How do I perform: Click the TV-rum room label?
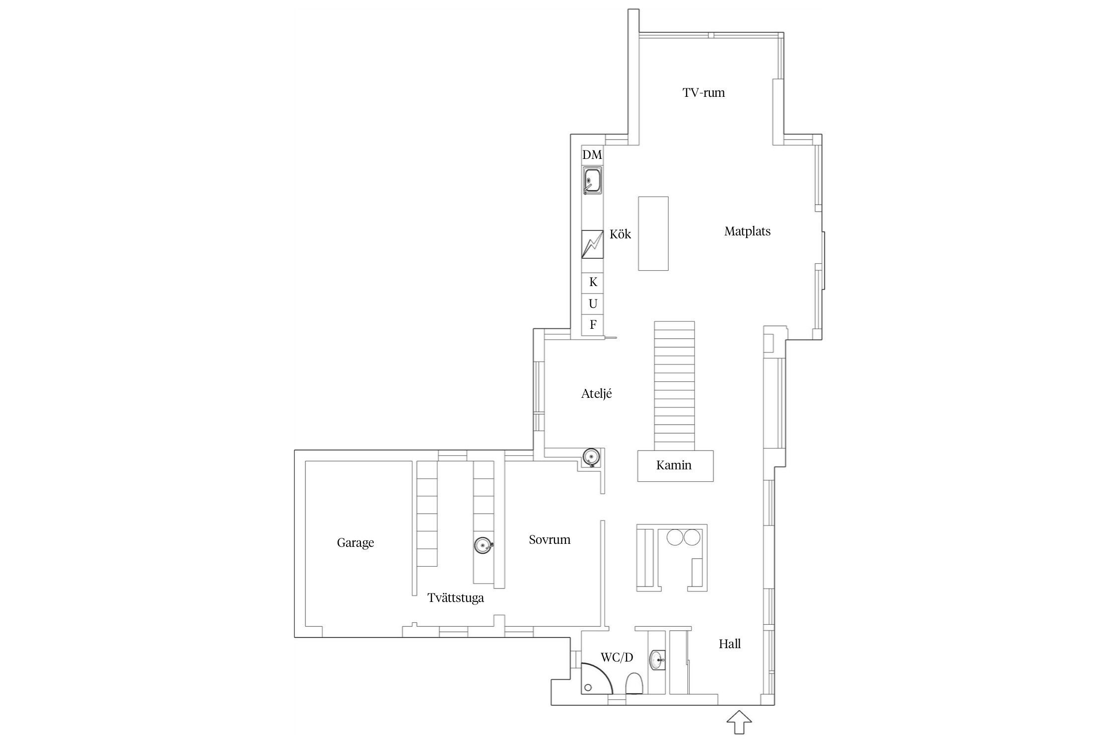click(703, 93)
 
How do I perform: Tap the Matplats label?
click(747, 231)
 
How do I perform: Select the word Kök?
click(620, 234)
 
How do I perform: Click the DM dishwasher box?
click(592, 155)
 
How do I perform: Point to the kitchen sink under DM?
click(593, 180)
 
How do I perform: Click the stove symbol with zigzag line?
click(593, 244)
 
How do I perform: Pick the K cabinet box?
click(593, 283)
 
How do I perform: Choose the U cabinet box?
click(593, 304)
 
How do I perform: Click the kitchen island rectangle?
click(653, 233)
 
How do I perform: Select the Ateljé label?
click(596, 394)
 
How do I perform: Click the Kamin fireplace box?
click(675, 466)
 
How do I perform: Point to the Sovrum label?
click(550, 540)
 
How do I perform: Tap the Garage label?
click(355, 543)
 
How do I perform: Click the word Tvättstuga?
click(456, 598)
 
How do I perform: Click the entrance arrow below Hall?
click(740, 722)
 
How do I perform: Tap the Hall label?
click(730, 644)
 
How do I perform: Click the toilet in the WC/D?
click(634, 683)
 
